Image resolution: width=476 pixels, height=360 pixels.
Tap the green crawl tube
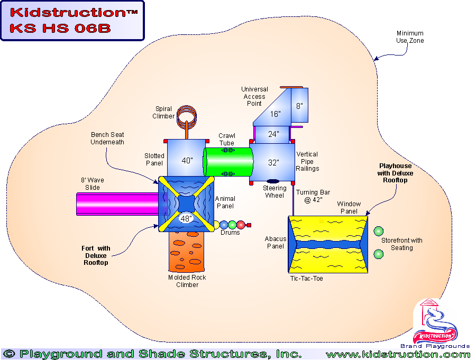[228, 161]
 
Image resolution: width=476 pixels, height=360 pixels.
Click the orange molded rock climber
[186, 253]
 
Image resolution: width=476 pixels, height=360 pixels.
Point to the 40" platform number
[187, 161]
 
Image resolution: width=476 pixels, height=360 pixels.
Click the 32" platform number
[273, 163]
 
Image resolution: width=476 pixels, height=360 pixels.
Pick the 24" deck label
[273, 134]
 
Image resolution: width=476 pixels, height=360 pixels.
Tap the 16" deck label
[274, 114]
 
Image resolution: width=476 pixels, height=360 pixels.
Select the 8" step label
[299, 106]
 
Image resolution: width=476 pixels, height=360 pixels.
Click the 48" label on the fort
[187, 218]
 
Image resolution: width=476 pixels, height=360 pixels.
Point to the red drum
[241, 225]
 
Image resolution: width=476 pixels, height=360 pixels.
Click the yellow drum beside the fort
[216, 225]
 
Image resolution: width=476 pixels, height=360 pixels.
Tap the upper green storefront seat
[378, 232]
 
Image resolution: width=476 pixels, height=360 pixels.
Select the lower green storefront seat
[378, 254]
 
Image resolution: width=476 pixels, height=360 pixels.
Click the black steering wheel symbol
[273, 181]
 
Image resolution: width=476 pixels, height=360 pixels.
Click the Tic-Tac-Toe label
[306, 278]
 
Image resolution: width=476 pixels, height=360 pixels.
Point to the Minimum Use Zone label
[410, 37]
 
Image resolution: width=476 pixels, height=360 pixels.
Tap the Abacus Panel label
[276, 242]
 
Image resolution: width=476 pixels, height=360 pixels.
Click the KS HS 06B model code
[60, 28]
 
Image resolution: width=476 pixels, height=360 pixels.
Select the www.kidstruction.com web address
[398, 354]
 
